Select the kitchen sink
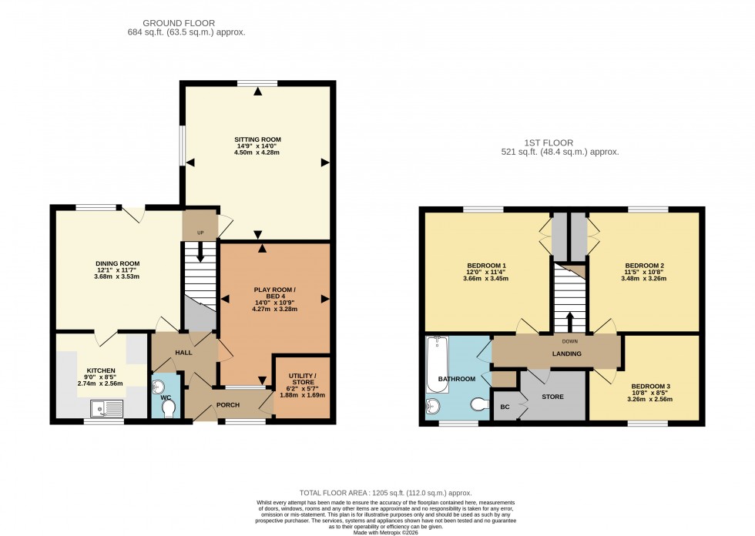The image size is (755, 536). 105,408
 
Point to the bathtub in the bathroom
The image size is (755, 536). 438,364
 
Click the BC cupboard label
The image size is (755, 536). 505,407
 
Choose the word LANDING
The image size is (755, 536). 566,353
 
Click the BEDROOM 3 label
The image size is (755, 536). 650,386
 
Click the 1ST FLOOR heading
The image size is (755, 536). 560,142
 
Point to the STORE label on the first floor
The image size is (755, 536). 552,397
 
